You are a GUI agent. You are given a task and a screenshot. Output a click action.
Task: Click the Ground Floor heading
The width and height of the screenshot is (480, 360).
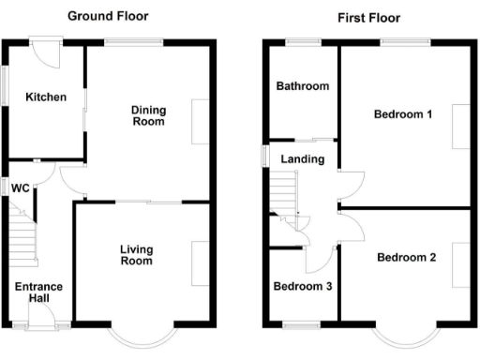point(107,17)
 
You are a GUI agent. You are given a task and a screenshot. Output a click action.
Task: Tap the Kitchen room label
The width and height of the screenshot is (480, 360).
point(45,97)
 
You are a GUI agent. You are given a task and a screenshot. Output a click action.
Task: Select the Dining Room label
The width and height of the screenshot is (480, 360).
point(148,115)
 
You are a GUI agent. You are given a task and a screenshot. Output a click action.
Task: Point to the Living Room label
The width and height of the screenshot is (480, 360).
point(136,255)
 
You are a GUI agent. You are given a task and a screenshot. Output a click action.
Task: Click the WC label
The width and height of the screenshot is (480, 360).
point(20,188)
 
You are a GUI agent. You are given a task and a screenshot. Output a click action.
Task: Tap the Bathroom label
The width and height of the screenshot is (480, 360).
point(302,86)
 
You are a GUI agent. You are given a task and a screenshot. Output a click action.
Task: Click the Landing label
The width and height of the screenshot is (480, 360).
point(302,159)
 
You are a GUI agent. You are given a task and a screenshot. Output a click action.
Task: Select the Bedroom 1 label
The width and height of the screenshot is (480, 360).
point(402,115)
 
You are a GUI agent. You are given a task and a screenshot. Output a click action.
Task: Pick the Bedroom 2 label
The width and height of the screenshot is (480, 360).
point(406,258)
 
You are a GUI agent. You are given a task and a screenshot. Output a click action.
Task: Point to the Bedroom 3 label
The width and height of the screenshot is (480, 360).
point(302,287)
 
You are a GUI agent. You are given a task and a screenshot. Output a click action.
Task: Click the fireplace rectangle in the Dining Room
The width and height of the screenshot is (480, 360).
point(201,121)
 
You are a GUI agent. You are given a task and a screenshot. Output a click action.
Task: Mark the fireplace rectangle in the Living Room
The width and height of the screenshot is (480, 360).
point(201,263)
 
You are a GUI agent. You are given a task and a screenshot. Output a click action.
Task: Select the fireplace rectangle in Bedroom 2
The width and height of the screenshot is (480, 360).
point(460,264)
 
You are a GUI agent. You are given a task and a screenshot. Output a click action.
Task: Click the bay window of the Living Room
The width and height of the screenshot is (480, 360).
point(142,335)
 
